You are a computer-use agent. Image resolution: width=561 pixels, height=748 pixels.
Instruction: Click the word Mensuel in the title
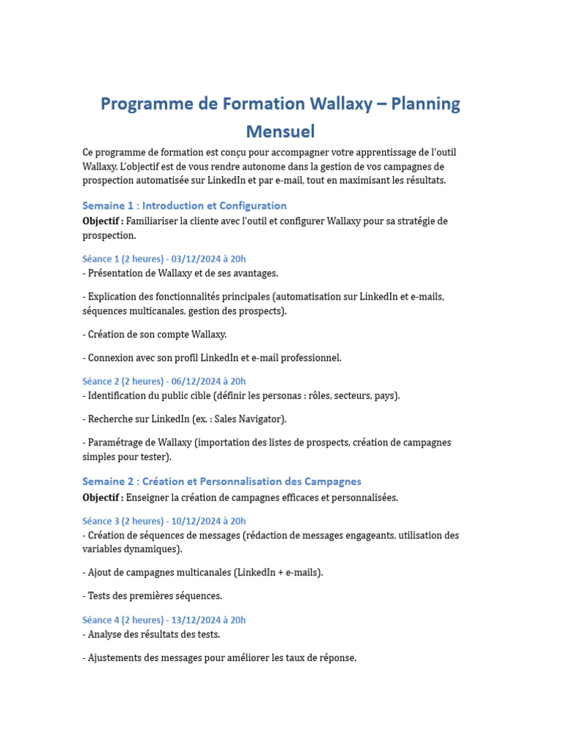point(280,132)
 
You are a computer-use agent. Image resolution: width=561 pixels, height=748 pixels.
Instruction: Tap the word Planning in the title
point(425,104)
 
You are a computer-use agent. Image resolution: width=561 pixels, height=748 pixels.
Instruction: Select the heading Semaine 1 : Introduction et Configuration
point(184,206)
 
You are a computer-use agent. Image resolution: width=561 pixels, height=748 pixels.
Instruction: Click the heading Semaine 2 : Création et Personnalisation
point(221,481)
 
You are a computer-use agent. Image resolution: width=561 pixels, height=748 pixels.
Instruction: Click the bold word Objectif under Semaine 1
point(102,221)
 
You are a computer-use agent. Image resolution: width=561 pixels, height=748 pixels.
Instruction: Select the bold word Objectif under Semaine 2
point(102,497)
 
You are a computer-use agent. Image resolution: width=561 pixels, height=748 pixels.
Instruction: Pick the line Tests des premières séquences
point(152,596)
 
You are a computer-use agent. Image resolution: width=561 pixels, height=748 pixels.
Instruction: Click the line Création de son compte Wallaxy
point(155,335)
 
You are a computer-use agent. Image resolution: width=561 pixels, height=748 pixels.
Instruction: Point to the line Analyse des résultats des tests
point(151,635)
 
